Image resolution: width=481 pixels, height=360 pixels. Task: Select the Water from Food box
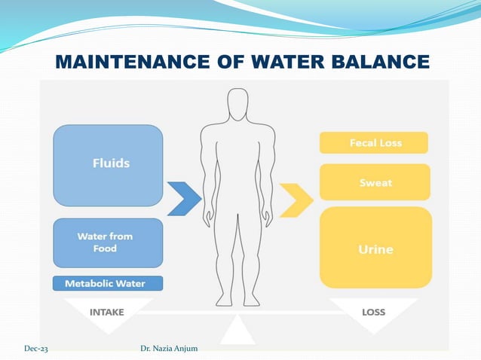coord(108,243)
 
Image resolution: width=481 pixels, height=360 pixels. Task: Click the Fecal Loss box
coord(374,142)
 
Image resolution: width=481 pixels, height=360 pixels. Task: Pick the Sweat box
coord(375,182)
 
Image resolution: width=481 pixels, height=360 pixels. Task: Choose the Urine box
coord(375,248)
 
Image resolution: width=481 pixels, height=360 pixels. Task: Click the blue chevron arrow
coord(184,199)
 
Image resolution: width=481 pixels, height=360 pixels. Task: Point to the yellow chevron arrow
coord(296,199)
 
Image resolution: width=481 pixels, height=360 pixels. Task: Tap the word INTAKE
coord(108,311)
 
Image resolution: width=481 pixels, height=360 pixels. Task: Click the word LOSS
coord(373,311)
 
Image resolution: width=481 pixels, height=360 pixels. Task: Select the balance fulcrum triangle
coord(238,330)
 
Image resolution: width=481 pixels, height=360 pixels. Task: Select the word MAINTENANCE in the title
coord(141,61)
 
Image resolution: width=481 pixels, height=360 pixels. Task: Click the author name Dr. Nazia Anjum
coord(170,348)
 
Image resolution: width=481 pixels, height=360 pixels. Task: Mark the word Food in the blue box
coord(105,249)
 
